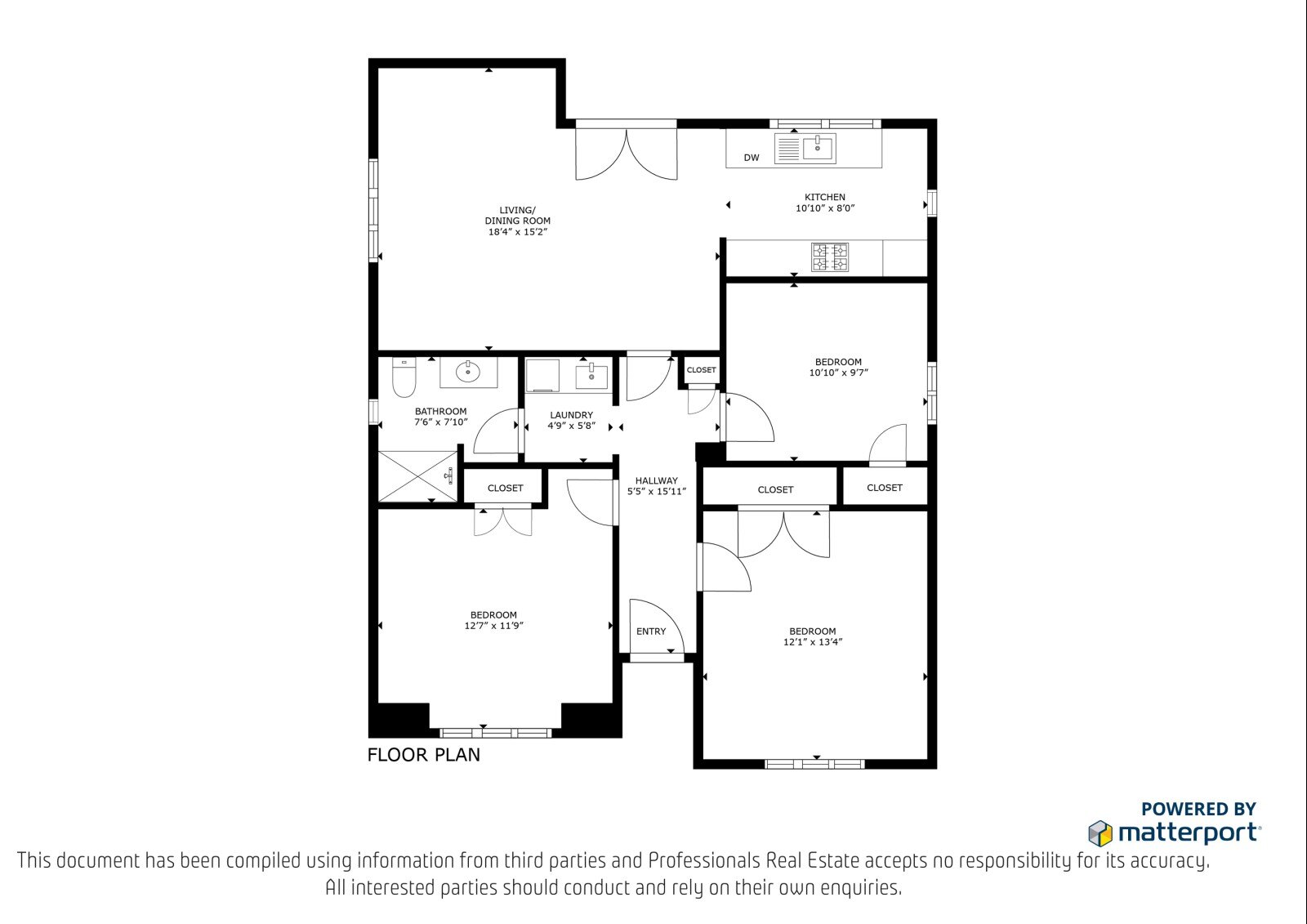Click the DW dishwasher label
click(x=752, y=158)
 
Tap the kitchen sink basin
click(x=819, y=148)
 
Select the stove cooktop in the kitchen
click(x=830, y=257)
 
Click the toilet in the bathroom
click(x=404, y=377)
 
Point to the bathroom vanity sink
click(x=468, y=371)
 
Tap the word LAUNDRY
click(x=571, y=415)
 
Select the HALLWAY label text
click(x=657, y=480)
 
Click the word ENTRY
click(x=650, y=631)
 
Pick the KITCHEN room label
click(x=825, y=197)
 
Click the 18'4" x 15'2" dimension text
click(x=518, y=232)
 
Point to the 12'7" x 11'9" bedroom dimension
click(x=493, y=626)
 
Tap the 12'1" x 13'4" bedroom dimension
click(x=813, y=642)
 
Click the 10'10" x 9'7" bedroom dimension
click(x=838, y=373)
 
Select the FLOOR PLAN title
click(x=424, y=755)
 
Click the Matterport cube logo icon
click(x=1100, y=833)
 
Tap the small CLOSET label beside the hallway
click(x=702, y=370)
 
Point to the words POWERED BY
click(x=1198, y=809)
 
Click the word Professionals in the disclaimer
click(x=704, y=860)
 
